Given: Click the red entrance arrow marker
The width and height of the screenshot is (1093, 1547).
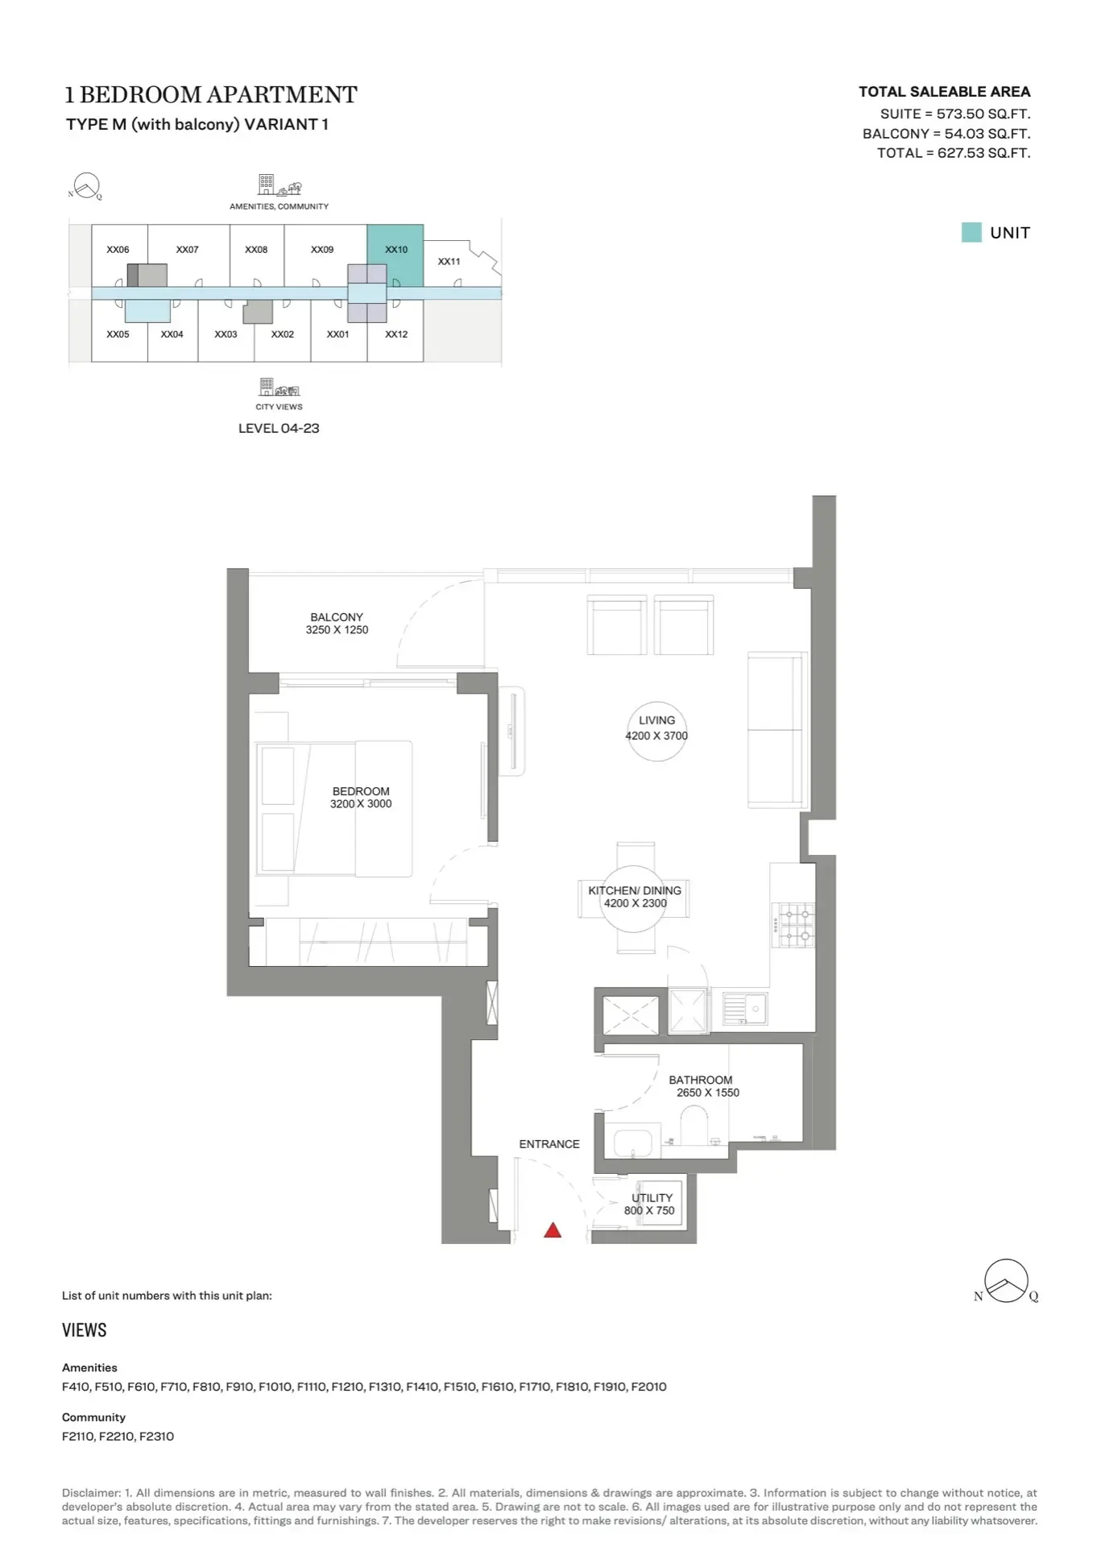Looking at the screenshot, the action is tap(553, 1230).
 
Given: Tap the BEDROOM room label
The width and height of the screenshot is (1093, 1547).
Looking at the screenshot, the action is tap(361, 791).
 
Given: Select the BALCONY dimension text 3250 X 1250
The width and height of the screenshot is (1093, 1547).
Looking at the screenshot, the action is tap(337, 630).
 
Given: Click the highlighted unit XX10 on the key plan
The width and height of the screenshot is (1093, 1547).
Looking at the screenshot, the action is tap(395, 255).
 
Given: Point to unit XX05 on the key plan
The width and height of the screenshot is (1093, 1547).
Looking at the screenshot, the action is tap(118, 334).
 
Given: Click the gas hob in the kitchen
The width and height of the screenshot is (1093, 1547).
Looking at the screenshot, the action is tap(793, 925).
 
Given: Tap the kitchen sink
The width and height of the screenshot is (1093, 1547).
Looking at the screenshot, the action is tap(745, 1009).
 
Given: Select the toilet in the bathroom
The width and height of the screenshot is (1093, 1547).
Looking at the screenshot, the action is tap(693, 1125).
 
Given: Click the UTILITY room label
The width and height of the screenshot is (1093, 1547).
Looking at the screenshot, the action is tap(652, 1198).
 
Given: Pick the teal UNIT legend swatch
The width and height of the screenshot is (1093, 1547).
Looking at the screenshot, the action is tap(971, 233).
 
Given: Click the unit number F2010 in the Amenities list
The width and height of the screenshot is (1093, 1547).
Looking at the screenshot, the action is tap(648, 1387).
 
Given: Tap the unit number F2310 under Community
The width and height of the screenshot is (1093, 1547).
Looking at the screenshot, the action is tap(156, 1436).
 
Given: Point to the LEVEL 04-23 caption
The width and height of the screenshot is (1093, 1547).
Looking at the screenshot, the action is tap(279, 429).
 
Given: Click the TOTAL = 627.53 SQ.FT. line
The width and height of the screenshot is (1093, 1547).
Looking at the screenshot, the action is tap(954, 153).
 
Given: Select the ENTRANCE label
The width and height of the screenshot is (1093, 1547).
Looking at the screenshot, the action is tap(549, 1144).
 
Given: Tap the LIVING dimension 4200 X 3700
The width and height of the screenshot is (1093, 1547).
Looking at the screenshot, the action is tap(656, 736).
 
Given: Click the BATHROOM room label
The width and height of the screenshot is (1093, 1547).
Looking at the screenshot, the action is tap(701, 1080).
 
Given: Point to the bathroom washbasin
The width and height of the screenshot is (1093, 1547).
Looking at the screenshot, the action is tap(632, 1143).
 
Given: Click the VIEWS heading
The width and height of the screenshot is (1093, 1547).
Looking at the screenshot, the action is tap(85, 1330).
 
